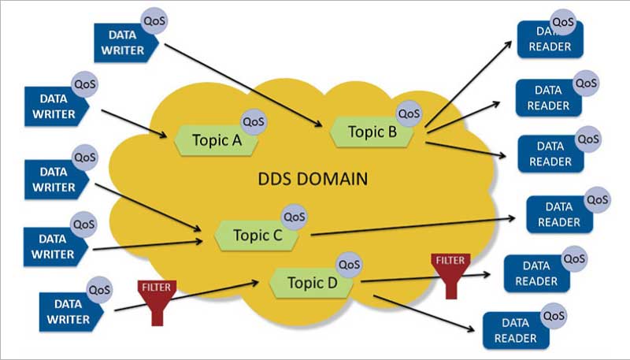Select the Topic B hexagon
coord(371,132)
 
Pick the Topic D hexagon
coord(311,282)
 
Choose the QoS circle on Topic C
coord(293,216)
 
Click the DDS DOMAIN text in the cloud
coord(313,178)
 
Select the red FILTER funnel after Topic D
coord(450,273)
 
